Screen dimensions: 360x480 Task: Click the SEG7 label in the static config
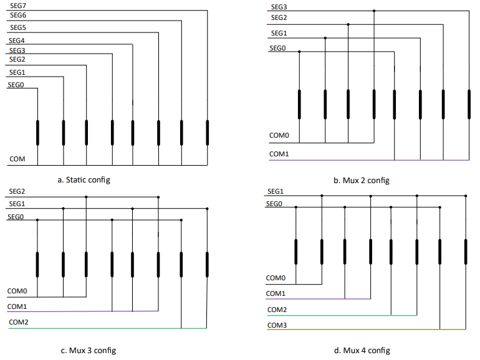[x=17, y=6]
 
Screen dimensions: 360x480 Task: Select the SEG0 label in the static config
[x=16, y=84]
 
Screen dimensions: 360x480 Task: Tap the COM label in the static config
[x=17, y=159]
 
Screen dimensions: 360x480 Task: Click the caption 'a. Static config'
[x=84, y=180]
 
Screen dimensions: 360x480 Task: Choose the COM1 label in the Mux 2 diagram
[x=279, y=154]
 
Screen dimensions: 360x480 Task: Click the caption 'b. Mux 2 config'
[x=361, y=181]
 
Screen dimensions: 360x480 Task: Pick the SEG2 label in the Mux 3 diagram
[x=16, y=191]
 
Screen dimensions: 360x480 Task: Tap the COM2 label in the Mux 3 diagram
[x=18, y=323]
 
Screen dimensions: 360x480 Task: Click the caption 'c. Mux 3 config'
[x=88, y=351]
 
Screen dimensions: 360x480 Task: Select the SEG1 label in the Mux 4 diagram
[x=276, y=191]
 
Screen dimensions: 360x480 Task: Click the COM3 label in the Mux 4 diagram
[x=277, y=325]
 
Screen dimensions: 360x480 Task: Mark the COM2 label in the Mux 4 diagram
[x=277, y=310]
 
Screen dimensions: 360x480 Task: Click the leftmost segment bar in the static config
[x=37, y=133]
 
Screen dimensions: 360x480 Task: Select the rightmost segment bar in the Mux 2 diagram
[x=469, y=103]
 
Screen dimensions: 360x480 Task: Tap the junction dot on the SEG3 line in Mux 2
[x=374, y=11]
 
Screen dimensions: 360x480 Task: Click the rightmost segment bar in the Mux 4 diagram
[x=465, y=251]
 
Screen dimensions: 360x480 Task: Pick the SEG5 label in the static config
[x=17, y=28]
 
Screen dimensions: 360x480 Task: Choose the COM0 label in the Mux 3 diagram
[x=17, y=291]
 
